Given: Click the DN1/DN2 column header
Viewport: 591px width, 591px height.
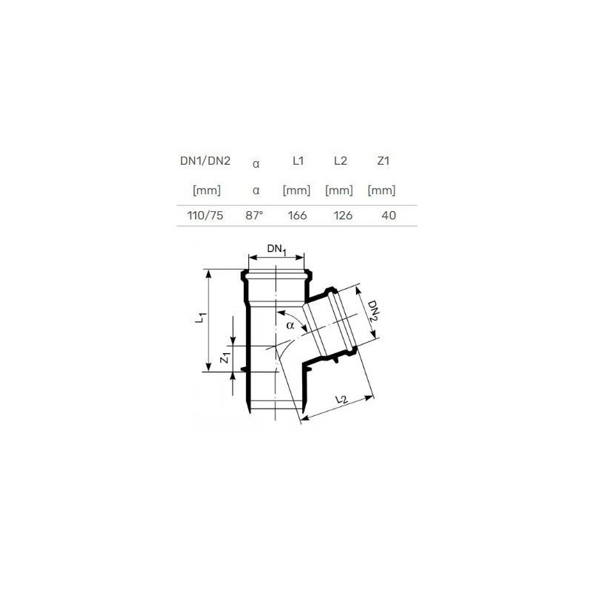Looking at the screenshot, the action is tap(205, 161).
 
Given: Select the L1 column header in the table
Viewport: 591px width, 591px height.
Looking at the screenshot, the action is tap(298, 161).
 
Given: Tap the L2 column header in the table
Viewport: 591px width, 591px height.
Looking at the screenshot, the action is tap(341, 161).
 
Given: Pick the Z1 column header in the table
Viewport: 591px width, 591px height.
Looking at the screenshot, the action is tap(383, 161).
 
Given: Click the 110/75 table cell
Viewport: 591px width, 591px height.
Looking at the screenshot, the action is tap(205, 216).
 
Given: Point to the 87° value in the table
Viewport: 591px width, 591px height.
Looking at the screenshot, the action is tap(254, 216).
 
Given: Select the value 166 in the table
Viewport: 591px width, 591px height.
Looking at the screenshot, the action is tap(297, 216).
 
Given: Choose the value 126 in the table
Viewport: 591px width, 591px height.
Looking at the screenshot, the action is tap(343, 216).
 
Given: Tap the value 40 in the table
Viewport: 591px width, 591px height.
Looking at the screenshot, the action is tap(389, 216).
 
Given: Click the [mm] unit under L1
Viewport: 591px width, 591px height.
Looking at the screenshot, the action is tap(297, 191).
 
